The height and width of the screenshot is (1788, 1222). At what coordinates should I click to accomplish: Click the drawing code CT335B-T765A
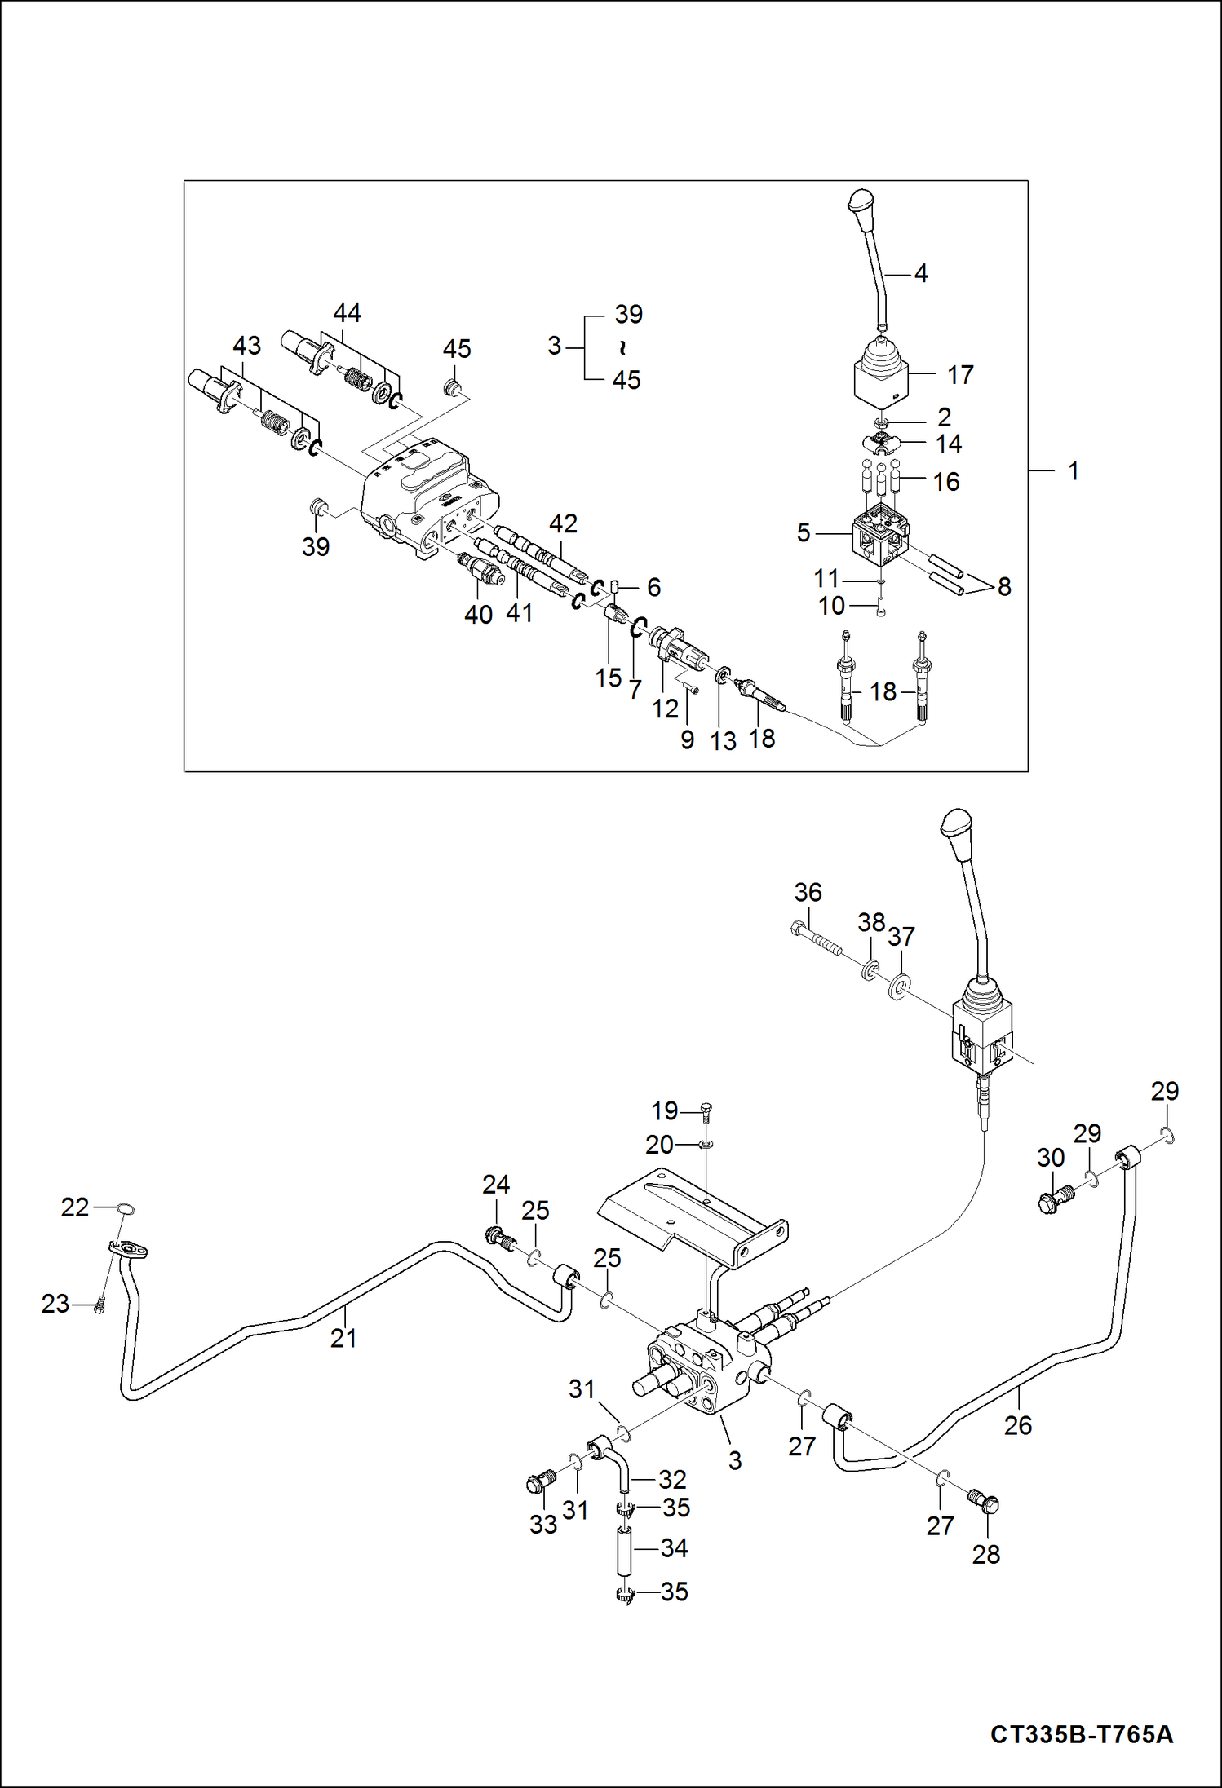pyautogui.click(x=1082, y=1734)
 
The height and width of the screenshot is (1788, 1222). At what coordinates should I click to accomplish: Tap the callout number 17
pyautogui.click(x=960, y=375)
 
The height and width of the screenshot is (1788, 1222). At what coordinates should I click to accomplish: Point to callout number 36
pyautogui.click(x=808, y=892)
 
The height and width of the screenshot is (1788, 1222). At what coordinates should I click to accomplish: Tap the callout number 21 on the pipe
pyautogui.click(x=343, y=1337)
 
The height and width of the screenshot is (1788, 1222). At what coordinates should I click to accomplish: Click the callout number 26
pyautogui.click(x=1017, y=1425)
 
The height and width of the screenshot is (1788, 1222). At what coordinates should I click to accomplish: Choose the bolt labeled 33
pyautogui.click(x=541, y=1481)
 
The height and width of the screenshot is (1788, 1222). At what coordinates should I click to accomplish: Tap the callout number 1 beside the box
pyautogui.click(x=1074, y=470)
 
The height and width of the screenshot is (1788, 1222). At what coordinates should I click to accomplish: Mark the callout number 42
pyautogui.click(x=563, y=523)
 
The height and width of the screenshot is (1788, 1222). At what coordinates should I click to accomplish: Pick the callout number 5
pyautogui.click(x=804, y=533)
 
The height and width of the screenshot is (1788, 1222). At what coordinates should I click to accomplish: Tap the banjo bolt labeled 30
pyautogui.click(x=1055, y=1200)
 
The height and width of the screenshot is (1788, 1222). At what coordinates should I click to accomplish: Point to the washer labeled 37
pyautogui.click(x=898, y=987)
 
